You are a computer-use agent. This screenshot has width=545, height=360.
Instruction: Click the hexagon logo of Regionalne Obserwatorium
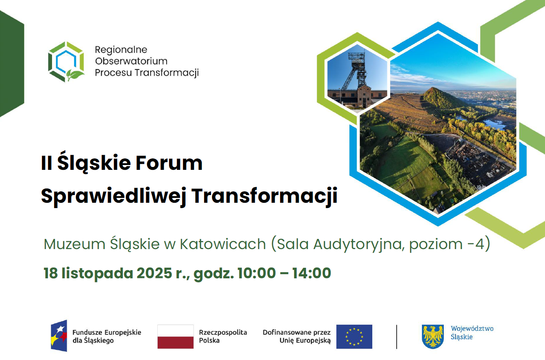click(66, 61)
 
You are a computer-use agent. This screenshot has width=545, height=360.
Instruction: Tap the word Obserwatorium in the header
click(131, 61)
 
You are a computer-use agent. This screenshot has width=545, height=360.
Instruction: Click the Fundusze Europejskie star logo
click(59, 336)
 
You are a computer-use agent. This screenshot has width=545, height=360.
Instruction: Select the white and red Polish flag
click(176, 336)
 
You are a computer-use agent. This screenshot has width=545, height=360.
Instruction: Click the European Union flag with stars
click(354, 336)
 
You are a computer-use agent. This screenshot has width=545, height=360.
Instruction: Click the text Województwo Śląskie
click(472, 333)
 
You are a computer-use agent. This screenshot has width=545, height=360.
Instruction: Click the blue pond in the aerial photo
click(493, 124)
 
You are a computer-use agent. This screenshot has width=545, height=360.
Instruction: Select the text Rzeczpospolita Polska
click(223, 336)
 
